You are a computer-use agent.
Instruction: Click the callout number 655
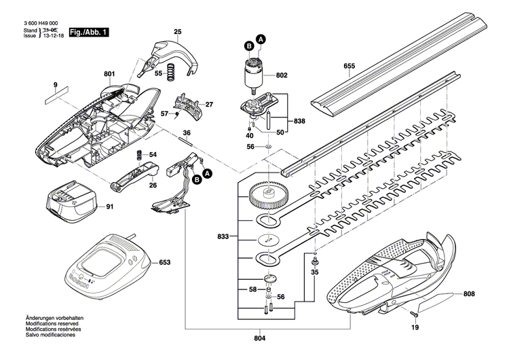(x=349, y=66)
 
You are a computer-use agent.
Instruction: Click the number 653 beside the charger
(x=165, y=262)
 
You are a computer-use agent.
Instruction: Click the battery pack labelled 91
(x=69, y=202)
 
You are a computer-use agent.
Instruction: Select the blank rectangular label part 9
(x=57, y=96)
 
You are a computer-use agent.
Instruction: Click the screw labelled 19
(x=413, y=314)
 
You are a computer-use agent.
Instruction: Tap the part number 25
(x=178, y=32)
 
